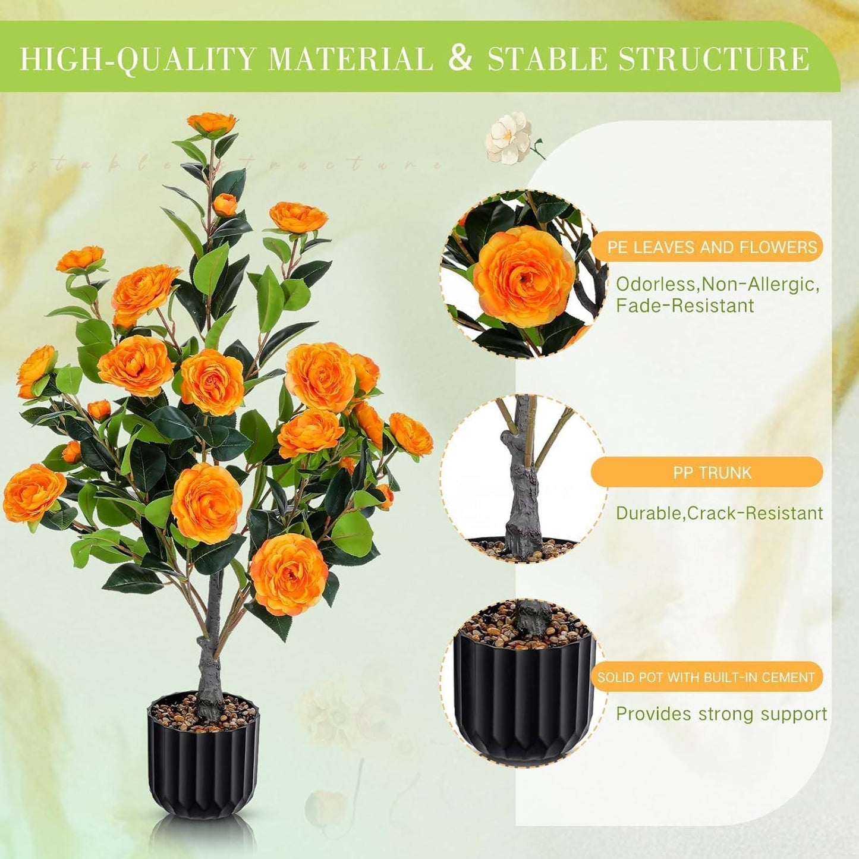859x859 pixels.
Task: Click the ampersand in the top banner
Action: click(x=460, y=58)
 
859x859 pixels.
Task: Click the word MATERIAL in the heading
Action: click(x=351, y=59)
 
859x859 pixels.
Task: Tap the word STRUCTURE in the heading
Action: click(x=714, y=59)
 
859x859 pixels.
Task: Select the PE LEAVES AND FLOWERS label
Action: click(x=712, y=247)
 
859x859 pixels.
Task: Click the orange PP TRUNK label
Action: click(x=712, y=473)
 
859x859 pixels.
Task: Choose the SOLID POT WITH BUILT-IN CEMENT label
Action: click(x=706, y=677)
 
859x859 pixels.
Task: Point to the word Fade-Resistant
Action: click(x=684, y=306)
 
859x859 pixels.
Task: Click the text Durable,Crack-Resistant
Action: click(x=719, y=513)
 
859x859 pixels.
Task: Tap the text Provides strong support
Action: click(x=721, y=713)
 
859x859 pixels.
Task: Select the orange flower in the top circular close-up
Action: click(x=524, y=276)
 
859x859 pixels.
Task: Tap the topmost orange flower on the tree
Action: click(x=212, y=122)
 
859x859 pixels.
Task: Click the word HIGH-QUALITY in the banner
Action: click(x=137, y=59)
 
